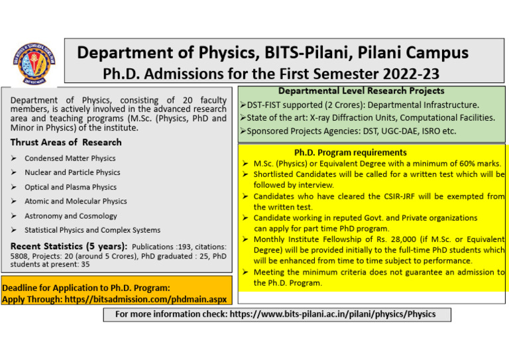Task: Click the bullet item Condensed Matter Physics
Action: (x=70, y=158)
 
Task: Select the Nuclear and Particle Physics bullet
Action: (x=72, y=172)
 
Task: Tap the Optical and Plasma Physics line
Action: (x=70, y=187)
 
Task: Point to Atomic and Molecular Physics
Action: (x=76, y=201)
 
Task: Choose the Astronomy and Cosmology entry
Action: (x=70, y=215)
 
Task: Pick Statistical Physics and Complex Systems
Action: (x=92, y=230)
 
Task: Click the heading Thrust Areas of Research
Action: (x=66, y=143)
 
